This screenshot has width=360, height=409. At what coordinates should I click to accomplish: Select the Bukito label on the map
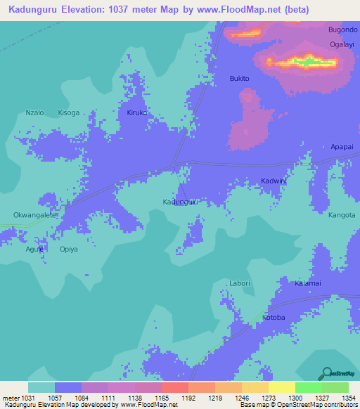pyautogui.click(x=240, y=79)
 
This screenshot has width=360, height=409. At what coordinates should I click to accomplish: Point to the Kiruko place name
pyautogui.click(x=137, y=112)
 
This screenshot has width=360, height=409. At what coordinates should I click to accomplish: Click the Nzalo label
pyautogui.click(x=34, y=112)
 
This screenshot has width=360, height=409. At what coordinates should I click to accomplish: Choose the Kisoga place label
pyautogui.click(x=69, y=112)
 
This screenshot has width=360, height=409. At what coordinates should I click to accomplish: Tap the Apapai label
pyautogui.click(x=342, y=147)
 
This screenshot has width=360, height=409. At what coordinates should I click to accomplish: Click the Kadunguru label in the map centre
pyautogui.click(x=179, y=202)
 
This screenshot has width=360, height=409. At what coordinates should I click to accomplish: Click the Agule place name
pyautogui.click(x=34, y=249)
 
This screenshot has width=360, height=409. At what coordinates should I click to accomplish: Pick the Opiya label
pyautogui.click(x=69, y=249)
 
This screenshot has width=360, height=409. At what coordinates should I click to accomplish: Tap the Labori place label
pyautogui.click(x=240, y=283)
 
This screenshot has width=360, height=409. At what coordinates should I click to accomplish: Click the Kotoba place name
pyautogui.click(x=274, y=318)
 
